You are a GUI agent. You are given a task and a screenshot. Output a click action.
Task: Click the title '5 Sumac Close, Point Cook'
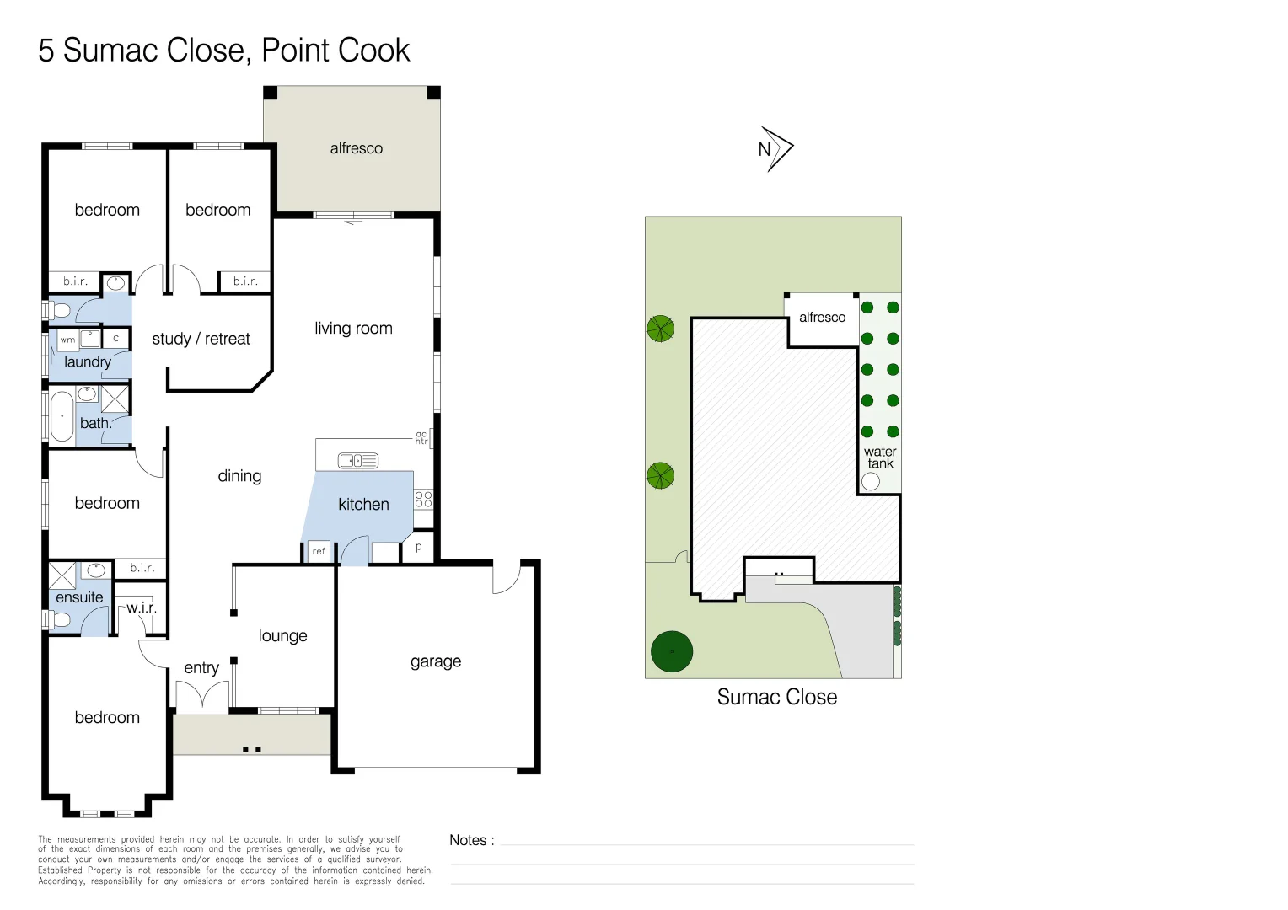[x=223, y=51]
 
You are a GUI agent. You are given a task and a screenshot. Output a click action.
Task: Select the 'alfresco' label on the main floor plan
[x=356, y=148]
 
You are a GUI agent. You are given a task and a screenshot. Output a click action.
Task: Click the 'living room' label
[x=353, y=329]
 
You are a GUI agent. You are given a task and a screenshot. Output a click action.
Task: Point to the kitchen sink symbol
[x=358, y=460]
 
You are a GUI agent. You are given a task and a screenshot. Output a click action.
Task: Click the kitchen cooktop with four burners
[x=423, y=499]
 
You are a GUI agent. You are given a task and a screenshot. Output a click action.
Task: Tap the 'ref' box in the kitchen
[x=319, y=551]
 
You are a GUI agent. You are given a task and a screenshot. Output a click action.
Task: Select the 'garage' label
[x=436, y=661]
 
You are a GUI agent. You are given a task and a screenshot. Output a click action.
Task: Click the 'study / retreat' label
[x=201, y=339]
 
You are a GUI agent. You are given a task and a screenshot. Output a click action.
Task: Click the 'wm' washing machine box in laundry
[x=67, y=340]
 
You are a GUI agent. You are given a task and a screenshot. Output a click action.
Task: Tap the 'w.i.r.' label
[x=142, y=608]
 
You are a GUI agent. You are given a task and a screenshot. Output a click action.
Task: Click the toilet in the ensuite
[x=58, y=620]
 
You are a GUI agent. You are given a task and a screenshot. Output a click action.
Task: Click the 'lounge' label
[x=282, y=636]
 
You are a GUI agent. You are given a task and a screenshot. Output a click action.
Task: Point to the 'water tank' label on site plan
[x=880, y=458]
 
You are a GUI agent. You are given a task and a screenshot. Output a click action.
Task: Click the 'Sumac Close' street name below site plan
[x=776, y=697]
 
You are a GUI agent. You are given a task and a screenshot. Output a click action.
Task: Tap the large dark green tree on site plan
[x=672, y=651]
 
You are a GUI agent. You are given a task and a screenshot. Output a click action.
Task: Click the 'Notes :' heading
[x=471, y=840]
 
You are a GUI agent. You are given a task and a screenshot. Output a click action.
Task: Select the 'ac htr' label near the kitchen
[x=421, y=438]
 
